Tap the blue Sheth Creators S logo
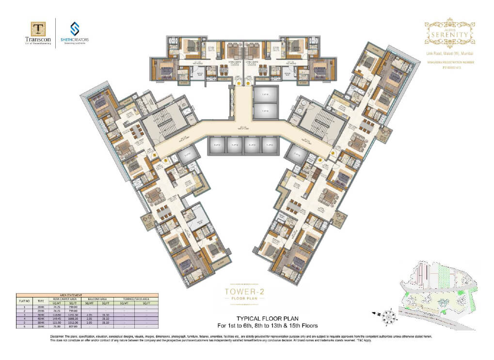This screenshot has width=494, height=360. pos(75,28)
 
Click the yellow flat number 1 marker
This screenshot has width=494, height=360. pos(239,84)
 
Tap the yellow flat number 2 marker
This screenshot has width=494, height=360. pos(248,84)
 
